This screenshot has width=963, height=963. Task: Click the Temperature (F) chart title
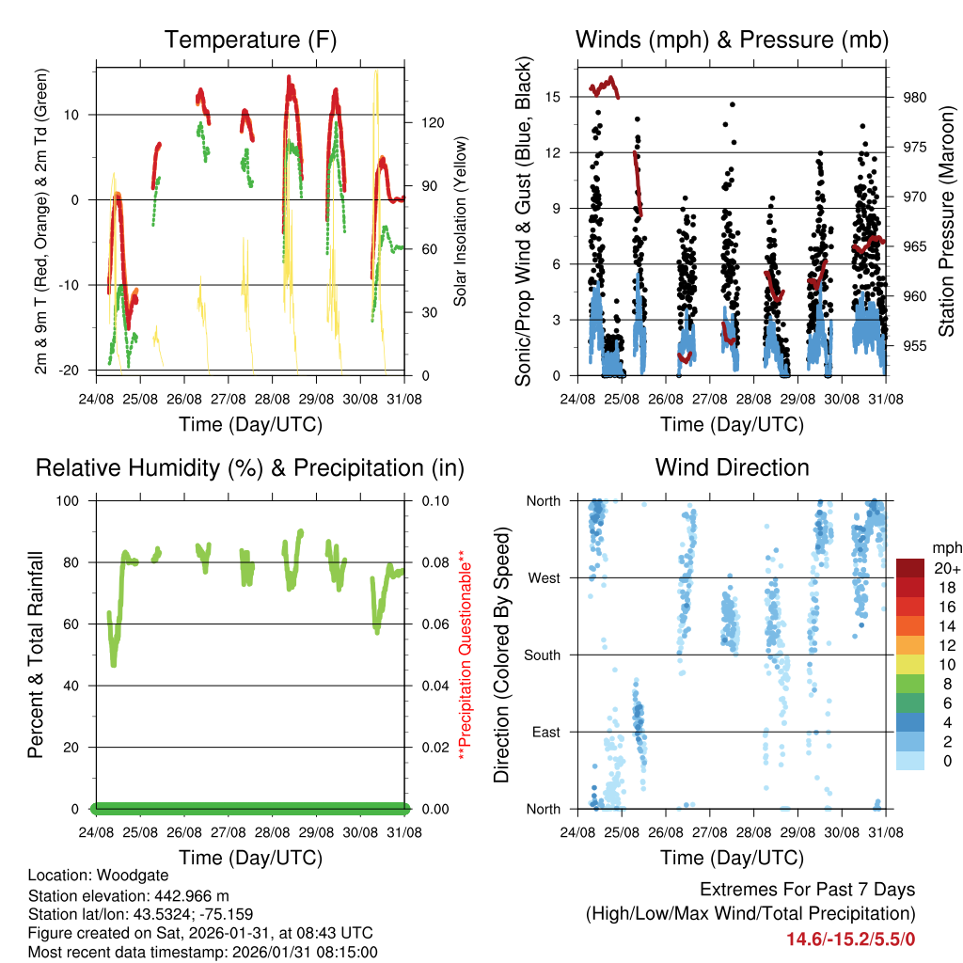[x=250, y=40]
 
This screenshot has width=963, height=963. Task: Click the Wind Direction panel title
[x=732, y=467]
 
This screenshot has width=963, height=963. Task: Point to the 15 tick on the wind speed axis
[x=553, y=97]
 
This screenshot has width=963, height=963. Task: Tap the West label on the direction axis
[x=544, y=577]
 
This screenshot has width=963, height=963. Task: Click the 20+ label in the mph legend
[x=945, y=569]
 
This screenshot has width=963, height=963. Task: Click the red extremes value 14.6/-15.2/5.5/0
[x=851, y=938]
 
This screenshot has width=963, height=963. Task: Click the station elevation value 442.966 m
[x=189, y=894]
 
